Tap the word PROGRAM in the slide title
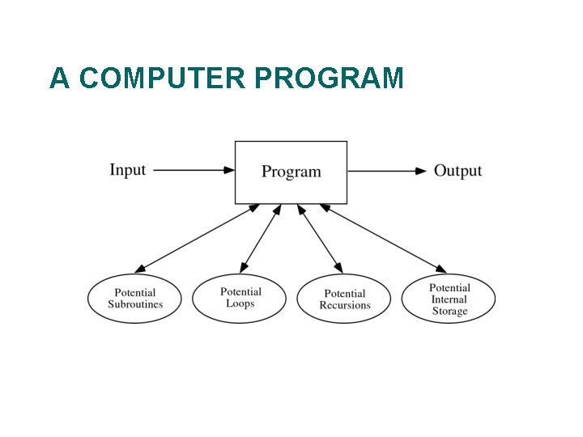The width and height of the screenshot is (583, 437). [329, 78]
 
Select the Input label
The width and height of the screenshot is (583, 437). [127, 170]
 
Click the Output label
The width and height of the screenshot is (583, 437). [457, 171]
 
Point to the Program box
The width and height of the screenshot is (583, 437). [291, 172]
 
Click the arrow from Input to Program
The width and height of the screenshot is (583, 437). [194, 171]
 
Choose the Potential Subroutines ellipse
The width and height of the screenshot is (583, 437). [135, 299]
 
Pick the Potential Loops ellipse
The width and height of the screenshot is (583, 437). [240, 298]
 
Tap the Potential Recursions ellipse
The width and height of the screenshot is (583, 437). [344, 299]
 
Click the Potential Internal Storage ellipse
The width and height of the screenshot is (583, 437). [449, 299]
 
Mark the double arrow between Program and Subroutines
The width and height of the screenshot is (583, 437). [197, 237]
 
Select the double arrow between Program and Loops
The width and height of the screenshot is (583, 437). [261, 238]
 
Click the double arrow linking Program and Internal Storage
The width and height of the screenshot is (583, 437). [383, 238]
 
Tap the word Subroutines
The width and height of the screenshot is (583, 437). [135, 305]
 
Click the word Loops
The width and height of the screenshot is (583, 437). [240, 304]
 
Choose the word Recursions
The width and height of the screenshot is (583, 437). [344, 306]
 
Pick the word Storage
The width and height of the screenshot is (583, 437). [449, 312]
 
